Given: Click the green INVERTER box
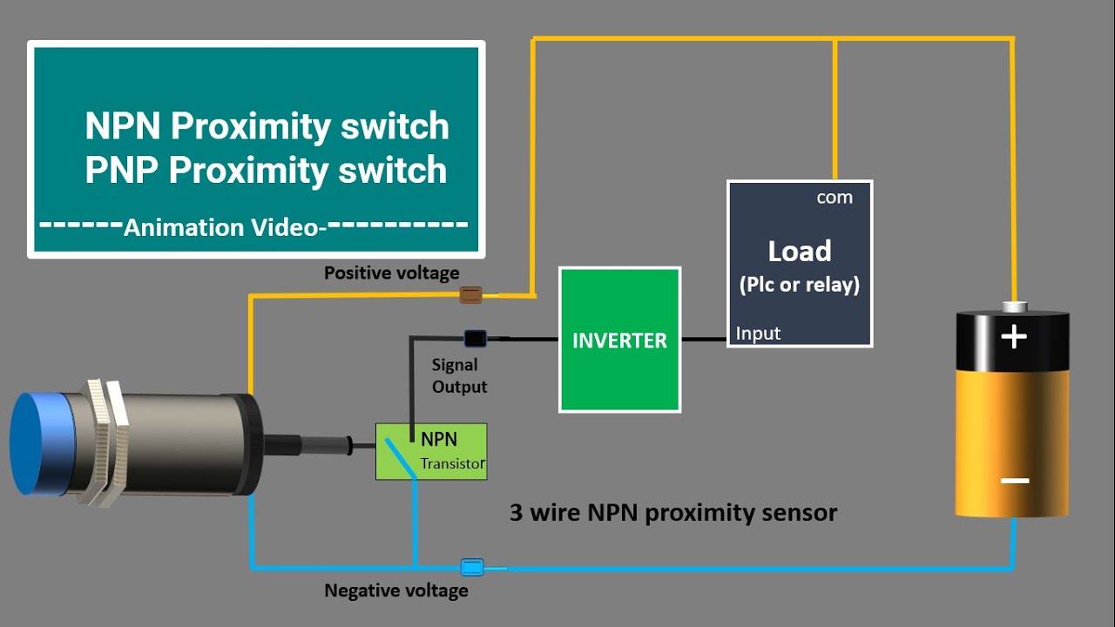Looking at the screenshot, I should tap(619, 340).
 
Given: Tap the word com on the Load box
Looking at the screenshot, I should tap(834, 198).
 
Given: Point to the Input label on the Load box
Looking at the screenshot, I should tap(758, 334).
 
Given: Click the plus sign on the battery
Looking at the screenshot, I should tap(1013, 336).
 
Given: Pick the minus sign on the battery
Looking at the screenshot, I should tap(1014, 481).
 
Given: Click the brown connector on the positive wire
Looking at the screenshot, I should tap(470, 295).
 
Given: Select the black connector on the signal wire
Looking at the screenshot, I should tap(475, 338).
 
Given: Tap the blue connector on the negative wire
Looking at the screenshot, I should tap(471, 568).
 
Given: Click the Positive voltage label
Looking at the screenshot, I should tap(391, 273).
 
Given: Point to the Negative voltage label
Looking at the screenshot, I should tap(395, 590).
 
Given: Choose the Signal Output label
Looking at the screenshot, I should tap(459, 375).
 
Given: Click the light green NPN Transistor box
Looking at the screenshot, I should tap(431, 451).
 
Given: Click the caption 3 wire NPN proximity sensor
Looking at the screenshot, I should tap(672, 512).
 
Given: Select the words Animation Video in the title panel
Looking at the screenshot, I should tap(221, 227).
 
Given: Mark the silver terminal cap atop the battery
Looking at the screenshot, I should tap(1013, 307).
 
